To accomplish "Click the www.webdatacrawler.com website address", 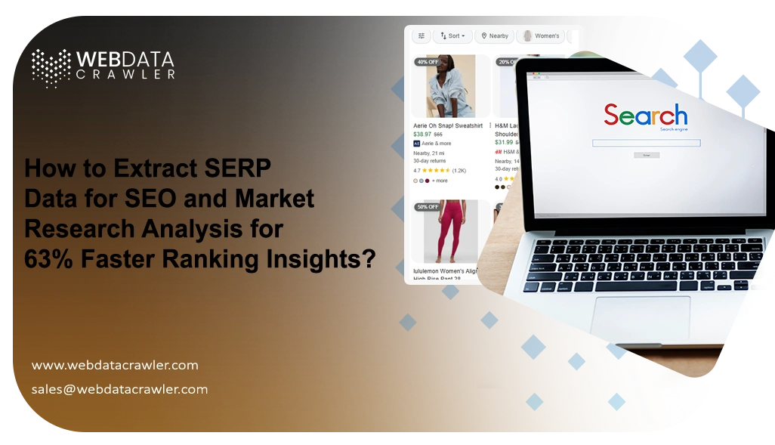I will tap(115, 365).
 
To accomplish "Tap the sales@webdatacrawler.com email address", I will tap(119, 389).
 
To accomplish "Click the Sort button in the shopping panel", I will tap(452, 36).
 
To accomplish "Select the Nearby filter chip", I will tap(494, 36).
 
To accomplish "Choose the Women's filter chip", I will tap(542, 36).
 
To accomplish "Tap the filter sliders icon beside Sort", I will tap(421, 36).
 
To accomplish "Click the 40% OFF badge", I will tap(428, 62).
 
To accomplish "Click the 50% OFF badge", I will tap(428, 206).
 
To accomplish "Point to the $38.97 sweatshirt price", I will tap(421, 134).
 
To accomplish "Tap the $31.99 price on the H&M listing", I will tap(504, 142).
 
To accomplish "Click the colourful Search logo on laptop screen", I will tap(645, 116).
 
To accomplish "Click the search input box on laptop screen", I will tap(646, 143).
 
